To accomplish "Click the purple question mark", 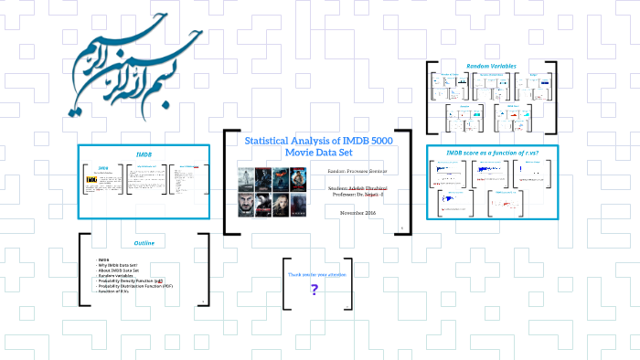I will (315, 290).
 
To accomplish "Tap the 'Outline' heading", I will (144, 243).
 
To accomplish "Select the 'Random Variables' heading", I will (491, 66).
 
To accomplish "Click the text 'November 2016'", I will (358, 212).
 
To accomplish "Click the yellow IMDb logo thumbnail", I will (91, 181).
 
